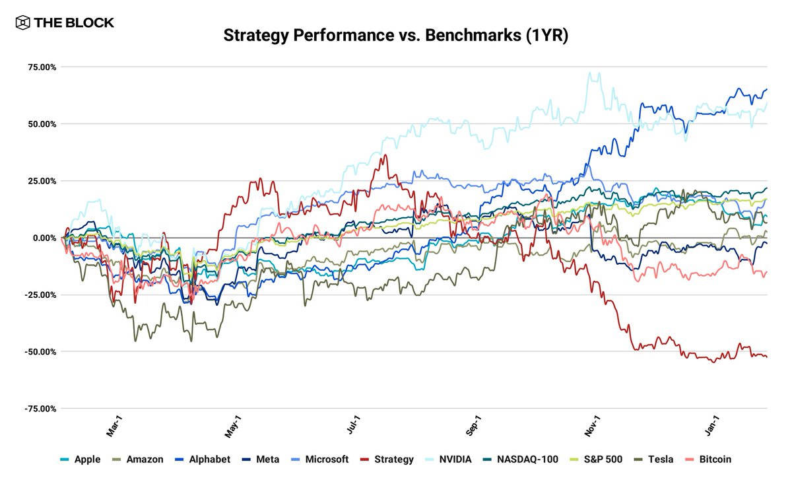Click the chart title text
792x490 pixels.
click(395, 35)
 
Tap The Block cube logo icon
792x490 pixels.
click(22, 22)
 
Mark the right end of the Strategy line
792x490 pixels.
click(766, 357)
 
